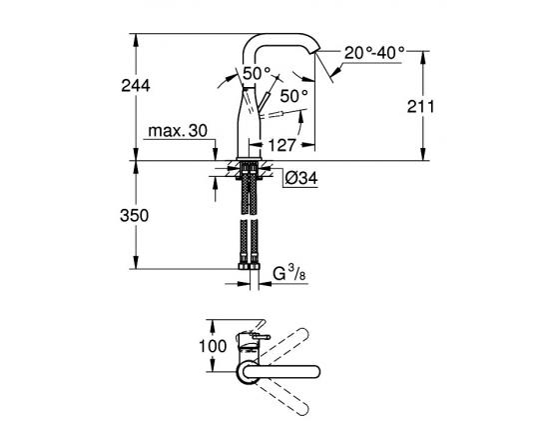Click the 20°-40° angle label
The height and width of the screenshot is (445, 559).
pyautogui.click(x=374, y=52)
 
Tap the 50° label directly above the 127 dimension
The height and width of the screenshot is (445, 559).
pyautogui.click(x=293, y=96)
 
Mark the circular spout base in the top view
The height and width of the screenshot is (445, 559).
pyautogui.click(x=246, y=372)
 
